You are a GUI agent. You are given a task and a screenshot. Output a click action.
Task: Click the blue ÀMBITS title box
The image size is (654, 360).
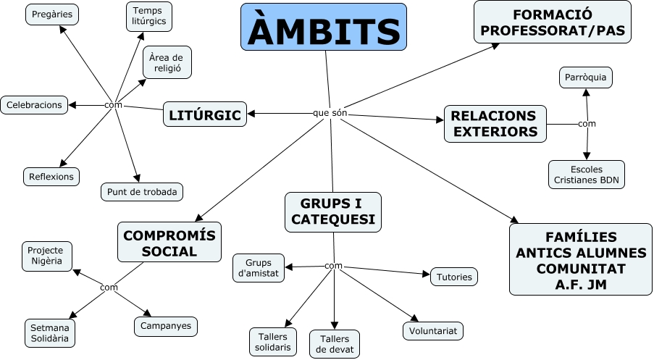[323, 27]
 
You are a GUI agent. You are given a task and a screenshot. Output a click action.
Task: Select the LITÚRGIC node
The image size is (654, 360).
[205, 114]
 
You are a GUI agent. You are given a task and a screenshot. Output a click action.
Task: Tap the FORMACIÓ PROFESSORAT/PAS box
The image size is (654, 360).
[552, 22]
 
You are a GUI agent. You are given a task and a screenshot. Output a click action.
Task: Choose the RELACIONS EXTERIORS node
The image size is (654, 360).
[495, 123]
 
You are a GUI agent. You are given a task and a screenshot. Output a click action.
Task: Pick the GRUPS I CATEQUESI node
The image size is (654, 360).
[333, 212]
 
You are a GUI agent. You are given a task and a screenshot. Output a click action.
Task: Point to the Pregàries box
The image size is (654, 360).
[53, 14]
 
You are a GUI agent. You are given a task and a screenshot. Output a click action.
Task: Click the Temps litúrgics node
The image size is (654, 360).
[148, 17]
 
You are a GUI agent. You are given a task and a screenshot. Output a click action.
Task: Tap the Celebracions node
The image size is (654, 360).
[35, 105]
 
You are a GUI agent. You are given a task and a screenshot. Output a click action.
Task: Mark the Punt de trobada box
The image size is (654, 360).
[141, 191]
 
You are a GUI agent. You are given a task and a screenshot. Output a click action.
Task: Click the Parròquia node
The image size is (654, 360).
[586, 78]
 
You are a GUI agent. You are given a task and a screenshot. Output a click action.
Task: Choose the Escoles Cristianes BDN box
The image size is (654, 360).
[586, 175]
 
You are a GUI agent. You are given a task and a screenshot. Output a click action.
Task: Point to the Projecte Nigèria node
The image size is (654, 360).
[46, 254]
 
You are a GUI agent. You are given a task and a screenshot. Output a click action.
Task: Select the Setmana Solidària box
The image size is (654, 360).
[50, 332]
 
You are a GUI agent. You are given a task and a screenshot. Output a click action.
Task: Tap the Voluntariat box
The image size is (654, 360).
[432, 330]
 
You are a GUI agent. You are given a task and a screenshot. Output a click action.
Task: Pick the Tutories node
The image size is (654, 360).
[454, 276]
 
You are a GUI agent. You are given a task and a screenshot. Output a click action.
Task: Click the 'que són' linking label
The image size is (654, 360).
[330, 114]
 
